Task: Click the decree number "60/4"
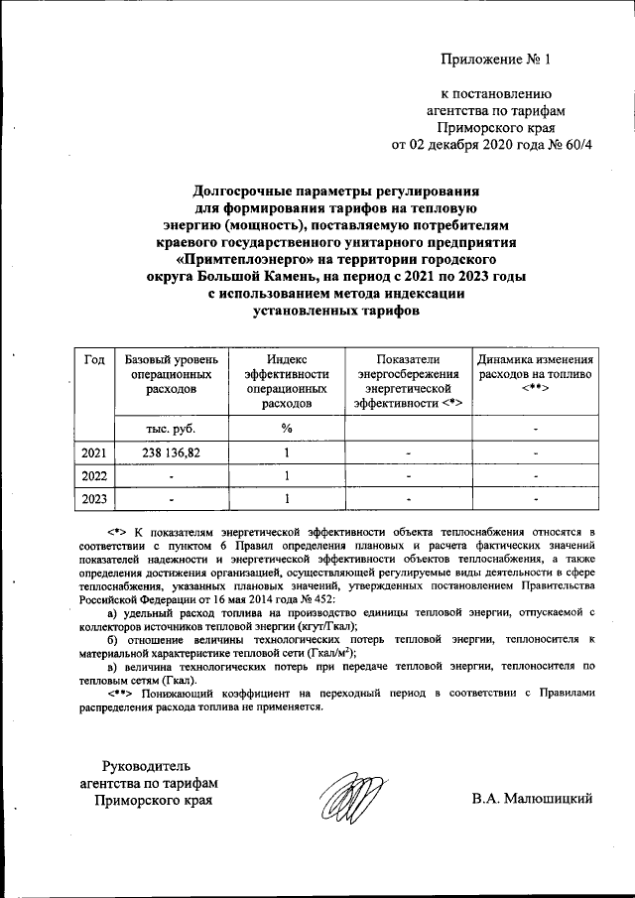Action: click(576, 145)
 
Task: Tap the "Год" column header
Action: click(94, 359)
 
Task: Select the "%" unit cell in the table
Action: click(286, 429)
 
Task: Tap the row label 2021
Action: click(94, 453)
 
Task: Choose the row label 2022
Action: click(94, 476)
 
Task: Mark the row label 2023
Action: click(94, 499)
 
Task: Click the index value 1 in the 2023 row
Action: click(286, 499)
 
